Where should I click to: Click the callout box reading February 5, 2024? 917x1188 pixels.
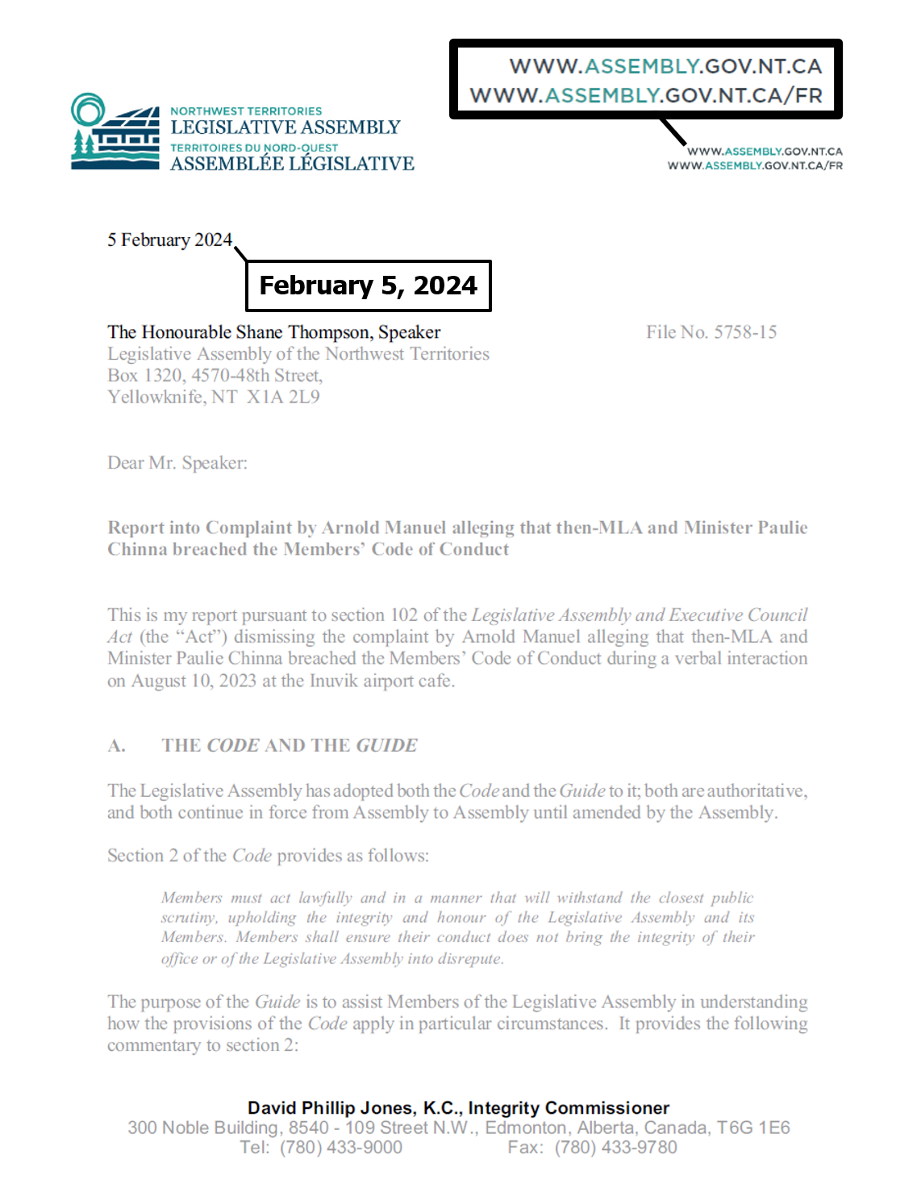click(368, 286)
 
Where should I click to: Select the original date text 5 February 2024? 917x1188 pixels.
click(169, 240)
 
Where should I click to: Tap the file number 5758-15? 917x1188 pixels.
click(745, 332)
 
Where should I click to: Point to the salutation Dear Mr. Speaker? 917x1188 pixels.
click(177, 463)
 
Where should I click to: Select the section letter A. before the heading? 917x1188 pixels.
click(117, 746)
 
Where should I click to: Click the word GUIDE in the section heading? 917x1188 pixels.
click(387, 746)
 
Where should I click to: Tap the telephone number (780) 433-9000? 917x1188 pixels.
click(340, 1148)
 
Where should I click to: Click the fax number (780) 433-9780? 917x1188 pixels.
click(615, 1148)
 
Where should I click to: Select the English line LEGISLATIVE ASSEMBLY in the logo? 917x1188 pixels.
click(286, 127)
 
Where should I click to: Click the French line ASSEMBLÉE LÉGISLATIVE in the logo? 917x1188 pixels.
click(292, 164)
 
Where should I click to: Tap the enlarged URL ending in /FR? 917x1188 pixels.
click(646, 96)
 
